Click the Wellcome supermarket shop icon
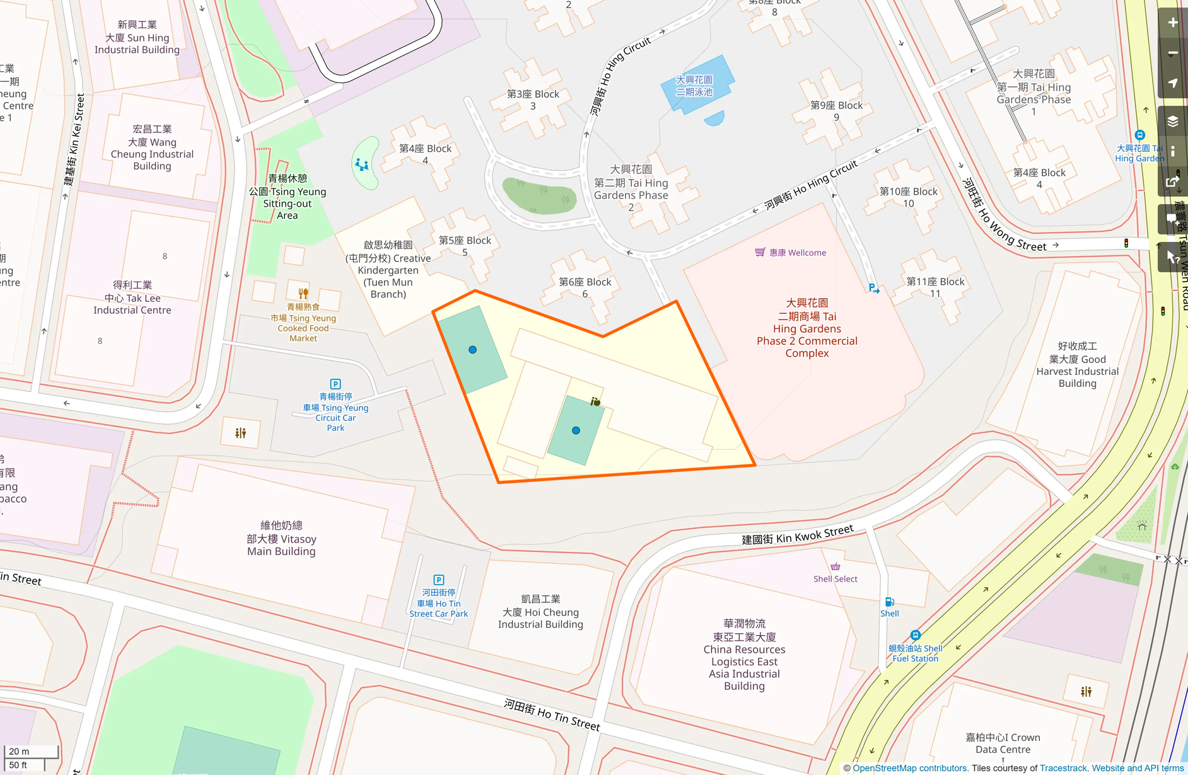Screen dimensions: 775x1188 (760, 252)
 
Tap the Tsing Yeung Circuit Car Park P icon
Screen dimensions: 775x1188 (335, 384)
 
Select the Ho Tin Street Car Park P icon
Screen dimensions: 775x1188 (439, 580)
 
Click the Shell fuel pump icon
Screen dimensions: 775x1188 (889, 602)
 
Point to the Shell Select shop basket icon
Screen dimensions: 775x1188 (836, 566)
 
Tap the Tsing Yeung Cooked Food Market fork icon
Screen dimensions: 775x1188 (303, 293)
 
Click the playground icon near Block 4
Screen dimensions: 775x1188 (362, 165)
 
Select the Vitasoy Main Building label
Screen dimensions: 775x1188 (281, 539)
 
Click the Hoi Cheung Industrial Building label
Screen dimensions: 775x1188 (540, 612)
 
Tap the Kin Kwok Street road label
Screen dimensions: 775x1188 (797, 535)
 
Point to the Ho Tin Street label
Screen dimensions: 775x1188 (552, 715)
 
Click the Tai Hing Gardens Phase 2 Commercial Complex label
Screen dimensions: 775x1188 (807, 328)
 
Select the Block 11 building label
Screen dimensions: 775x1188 (935, 287)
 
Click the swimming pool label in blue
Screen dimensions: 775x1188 (694, 86)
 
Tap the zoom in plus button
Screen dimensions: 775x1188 (1173, 23)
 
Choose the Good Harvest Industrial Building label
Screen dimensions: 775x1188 (1077, 365)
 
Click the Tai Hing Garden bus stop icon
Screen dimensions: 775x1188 (1139, 135)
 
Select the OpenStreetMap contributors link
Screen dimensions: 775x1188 (909, 768)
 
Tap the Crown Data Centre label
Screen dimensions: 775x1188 (1003, 743)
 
